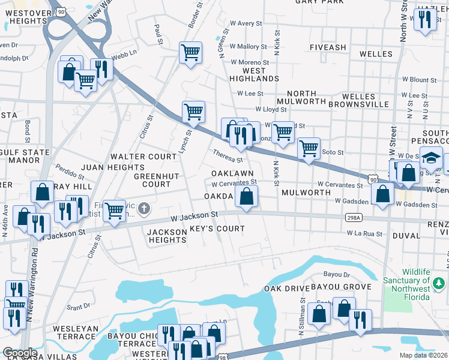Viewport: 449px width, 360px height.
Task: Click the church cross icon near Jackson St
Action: pos(143,209)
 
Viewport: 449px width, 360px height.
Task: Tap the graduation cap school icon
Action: pos(430,158)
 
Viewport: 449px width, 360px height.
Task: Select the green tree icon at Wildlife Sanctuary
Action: pos(439,281)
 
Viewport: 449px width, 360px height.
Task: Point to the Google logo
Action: pos(19,353)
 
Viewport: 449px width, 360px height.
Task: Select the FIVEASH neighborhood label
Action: pos(328,47)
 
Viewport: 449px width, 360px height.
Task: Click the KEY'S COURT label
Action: pos(217,229)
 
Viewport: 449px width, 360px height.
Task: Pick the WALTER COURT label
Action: pos(143,157)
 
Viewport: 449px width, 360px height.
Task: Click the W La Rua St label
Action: pos(365,233)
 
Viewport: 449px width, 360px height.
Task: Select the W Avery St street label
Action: pos(242,23)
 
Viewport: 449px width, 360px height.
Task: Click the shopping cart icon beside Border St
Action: pos(190,53)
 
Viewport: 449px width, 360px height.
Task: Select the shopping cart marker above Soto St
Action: pos(309,148)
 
